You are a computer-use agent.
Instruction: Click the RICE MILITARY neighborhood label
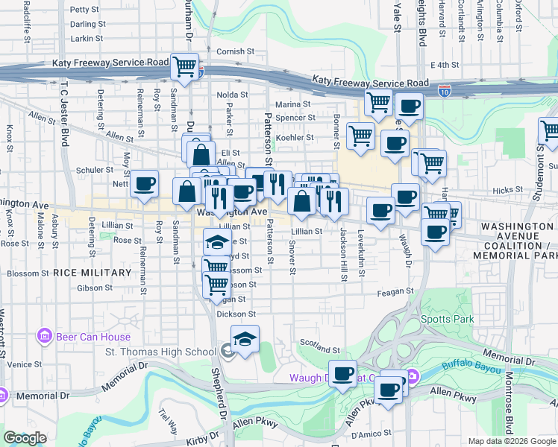coord(92,273)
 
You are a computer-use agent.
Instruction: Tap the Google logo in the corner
coord(25,438)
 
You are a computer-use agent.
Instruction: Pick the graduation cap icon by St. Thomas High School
coord(245,338)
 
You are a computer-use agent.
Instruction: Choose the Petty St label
coord(84,10)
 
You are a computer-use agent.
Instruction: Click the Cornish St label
coord(236,51)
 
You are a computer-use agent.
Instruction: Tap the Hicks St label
coord(508,191)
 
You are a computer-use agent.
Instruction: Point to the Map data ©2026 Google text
coord(512,441)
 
